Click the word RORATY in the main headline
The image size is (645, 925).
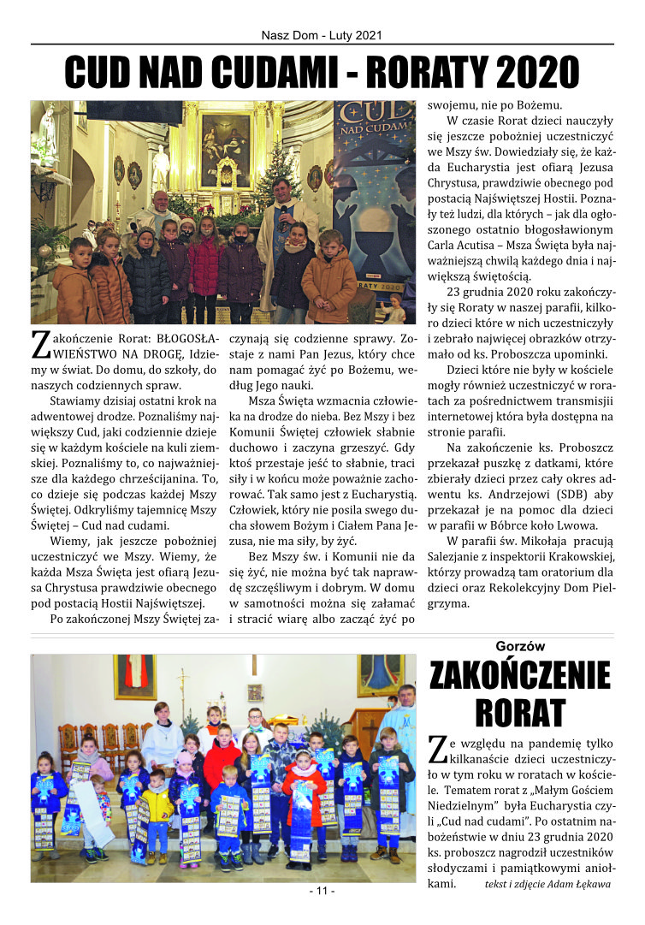[423, 72]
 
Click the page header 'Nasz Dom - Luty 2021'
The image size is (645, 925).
[322, 36]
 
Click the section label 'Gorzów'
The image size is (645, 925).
[520, 647]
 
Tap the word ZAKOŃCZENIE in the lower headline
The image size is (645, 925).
[520, 676]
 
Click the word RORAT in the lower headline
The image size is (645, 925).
[520, 711]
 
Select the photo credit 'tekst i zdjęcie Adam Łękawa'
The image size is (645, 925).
[547, 884]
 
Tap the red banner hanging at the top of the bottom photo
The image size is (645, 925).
[135, 673]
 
